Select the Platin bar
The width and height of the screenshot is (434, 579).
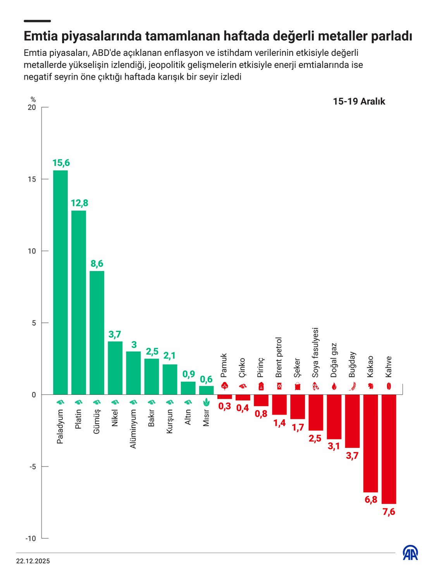click(79, 302)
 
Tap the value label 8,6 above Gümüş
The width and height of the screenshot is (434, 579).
click(97, 264)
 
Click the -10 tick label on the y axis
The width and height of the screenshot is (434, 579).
click(31, 538)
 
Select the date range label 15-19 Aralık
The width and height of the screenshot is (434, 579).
click(359, 102)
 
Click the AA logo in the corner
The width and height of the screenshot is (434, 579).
click(410, 553)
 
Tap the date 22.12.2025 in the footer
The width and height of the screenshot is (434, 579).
click(33, 561)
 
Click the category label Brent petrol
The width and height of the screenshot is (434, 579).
click(279, 357)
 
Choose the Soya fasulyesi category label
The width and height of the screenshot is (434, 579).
click(315, 353)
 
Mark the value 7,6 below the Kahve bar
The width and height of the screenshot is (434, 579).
click(389, 512)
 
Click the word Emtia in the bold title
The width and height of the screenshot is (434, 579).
click(41, 36)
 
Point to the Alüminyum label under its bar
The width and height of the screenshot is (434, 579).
click(133, 429)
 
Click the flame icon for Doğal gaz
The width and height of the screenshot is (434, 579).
click(334, 386)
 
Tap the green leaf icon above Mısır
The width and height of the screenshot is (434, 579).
click(206, 402)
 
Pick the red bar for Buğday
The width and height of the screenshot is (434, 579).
click(352, 421)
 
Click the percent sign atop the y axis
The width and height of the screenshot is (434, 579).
click(33, 100)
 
